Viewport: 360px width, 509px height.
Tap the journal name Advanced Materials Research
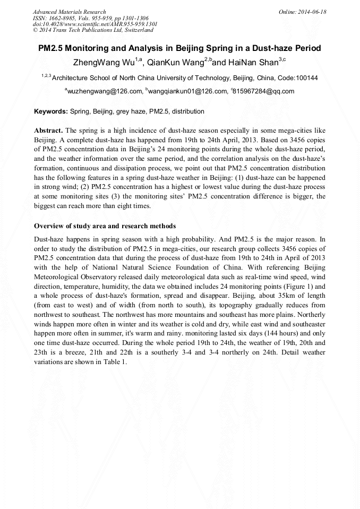(x=69, y=12)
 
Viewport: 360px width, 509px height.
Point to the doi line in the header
(x=95, y=24)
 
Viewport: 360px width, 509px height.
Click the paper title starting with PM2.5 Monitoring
(x=179, y=48)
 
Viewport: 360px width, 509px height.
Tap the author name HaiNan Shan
(x=253, y=63)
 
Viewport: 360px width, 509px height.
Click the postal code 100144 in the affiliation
(x=307, y=78)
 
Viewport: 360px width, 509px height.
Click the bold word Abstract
(x=49, y=131)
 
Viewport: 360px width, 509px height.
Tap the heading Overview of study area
(x=105, y=226)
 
